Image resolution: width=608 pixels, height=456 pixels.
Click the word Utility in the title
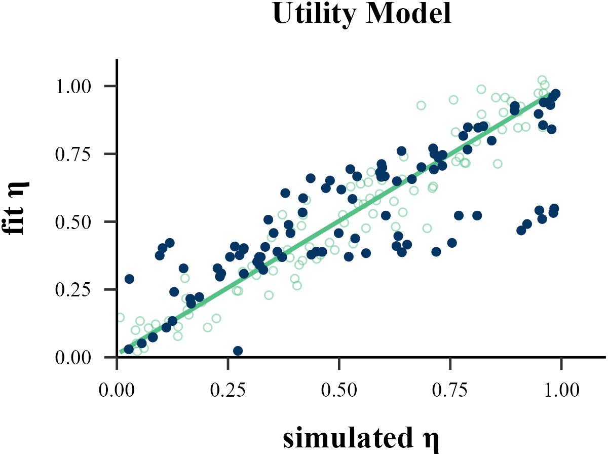(313, 15)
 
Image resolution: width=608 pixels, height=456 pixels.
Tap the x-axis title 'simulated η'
(360, 439)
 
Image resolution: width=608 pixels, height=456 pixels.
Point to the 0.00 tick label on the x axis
(117, 392)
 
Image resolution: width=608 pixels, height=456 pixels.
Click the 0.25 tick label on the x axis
(228, 392)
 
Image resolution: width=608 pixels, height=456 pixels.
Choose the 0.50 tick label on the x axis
(339, 392)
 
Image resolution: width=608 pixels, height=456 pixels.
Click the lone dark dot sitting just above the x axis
(238, 351)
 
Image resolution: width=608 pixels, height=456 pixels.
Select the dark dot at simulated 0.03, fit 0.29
(129, 279)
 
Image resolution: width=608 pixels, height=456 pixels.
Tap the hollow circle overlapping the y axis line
(120, 318)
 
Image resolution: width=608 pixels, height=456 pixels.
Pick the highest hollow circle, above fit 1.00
(542, 80)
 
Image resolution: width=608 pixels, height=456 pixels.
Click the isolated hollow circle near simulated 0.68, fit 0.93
(421, 105)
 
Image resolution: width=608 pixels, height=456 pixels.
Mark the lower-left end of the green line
(121, 352)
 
